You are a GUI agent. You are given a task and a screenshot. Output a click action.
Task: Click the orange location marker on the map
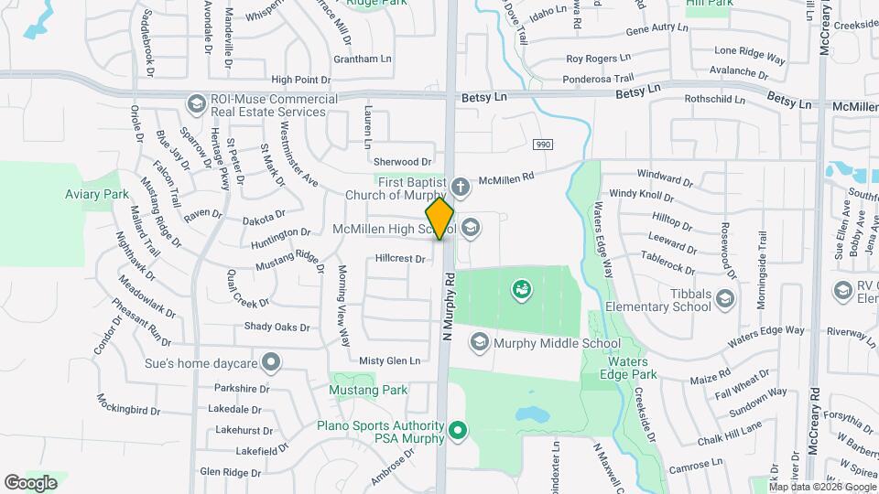point(440,219)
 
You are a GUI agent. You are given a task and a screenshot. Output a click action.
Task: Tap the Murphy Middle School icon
point(478,343)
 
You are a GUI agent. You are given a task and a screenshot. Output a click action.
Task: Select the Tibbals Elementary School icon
point(725,299)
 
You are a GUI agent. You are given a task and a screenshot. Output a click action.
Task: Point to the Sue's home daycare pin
point(270,363)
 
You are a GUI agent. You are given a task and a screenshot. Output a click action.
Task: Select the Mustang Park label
point(368,390)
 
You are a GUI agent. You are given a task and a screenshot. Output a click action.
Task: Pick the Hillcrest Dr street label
point(400,259)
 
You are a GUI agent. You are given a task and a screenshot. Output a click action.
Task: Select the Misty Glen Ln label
point(389,360)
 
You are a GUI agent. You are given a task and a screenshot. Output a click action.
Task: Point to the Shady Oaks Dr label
point(277,327)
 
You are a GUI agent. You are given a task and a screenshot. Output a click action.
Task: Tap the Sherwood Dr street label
point(402,161)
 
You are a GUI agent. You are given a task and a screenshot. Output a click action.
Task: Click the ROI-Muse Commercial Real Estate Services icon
point(195,104)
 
